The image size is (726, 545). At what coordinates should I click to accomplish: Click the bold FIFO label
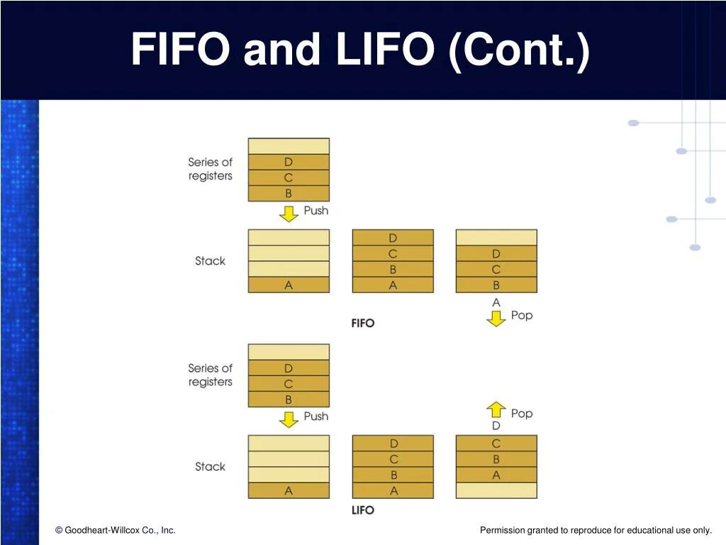click(x=363, y=323)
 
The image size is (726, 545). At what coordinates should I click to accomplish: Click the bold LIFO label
click(x=363, y=510)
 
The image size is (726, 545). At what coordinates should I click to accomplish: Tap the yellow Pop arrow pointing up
click(x=496, y=409)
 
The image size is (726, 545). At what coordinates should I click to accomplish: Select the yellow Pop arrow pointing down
click(x=496, y=318)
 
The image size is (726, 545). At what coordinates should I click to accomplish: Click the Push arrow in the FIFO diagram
click(x=289, y=213)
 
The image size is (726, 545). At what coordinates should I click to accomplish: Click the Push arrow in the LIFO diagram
click(x=289, y=419)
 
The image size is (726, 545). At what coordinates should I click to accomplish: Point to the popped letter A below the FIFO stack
click(x=496, y=302)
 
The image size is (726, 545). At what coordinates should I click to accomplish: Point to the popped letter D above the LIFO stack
click(x=496, y=426)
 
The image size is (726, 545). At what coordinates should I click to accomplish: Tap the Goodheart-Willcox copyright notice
click(x=116, y=530)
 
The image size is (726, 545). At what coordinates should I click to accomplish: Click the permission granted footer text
click(x=596, y=530)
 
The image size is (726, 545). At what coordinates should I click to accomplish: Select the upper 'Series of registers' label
click(x=211, y=169)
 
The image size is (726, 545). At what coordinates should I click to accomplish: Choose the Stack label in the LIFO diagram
click(x=210, y=466)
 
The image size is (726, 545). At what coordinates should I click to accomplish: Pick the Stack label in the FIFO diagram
click(x=210, y=260)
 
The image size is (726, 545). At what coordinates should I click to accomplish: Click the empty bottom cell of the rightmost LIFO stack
click(x=496, y=490)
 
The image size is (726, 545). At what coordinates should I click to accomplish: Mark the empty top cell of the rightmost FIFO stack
click(x=496, y=237)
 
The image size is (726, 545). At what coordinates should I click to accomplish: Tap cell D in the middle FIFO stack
click(x=393, y=237)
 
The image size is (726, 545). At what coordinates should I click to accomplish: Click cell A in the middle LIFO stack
click(x=393, y=490)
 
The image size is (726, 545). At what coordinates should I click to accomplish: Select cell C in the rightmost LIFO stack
click(x=496, y=444)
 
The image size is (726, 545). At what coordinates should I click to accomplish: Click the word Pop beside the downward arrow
click(x=522, y=315)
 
